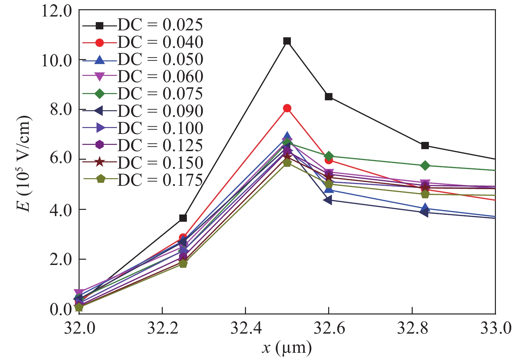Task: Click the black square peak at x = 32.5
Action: coord(287,41)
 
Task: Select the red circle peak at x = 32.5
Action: coord(287,108)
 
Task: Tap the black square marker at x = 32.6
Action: coord(329,97)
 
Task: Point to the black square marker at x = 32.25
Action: coord(183,218)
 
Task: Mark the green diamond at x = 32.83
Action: coord(425,165)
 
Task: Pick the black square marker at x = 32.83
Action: coord(425,146)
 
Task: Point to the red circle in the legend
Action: coord(99,42)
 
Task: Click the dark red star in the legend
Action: coord(99,163)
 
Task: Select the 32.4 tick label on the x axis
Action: coord(246,329)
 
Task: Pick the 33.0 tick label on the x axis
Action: coord(495,329)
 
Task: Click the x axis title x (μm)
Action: coord(287,348)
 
